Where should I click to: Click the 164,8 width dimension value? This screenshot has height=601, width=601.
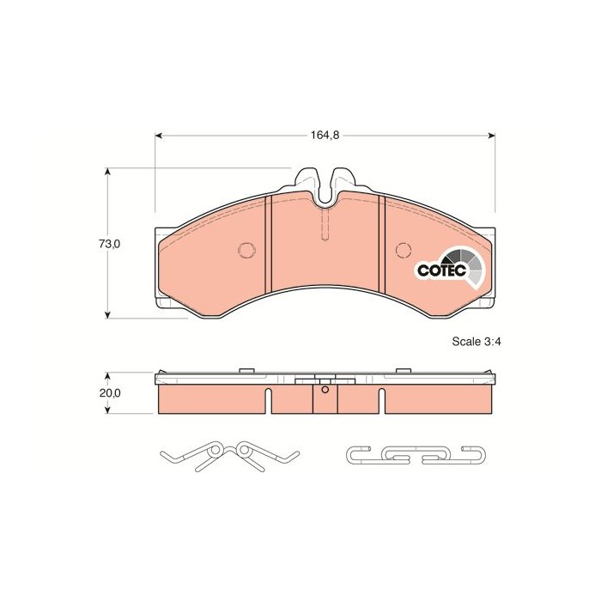point(325,136)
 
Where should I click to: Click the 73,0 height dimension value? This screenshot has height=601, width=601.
point(110,244)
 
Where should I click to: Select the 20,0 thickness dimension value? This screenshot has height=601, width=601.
point(110,393)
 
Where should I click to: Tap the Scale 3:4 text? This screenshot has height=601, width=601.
point(477,342)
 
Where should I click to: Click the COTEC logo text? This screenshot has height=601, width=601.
point(442,270)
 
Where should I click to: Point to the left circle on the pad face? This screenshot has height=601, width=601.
point(246,250)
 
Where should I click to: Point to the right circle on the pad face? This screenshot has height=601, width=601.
point(404,251)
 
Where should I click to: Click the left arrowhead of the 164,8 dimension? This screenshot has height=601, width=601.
point(159,136)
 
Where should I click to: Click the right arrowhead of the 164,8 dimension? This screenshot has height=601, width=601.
point(491,136)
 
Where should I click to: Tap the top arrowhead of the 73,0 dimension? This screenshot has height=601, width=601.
point(108,172)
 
